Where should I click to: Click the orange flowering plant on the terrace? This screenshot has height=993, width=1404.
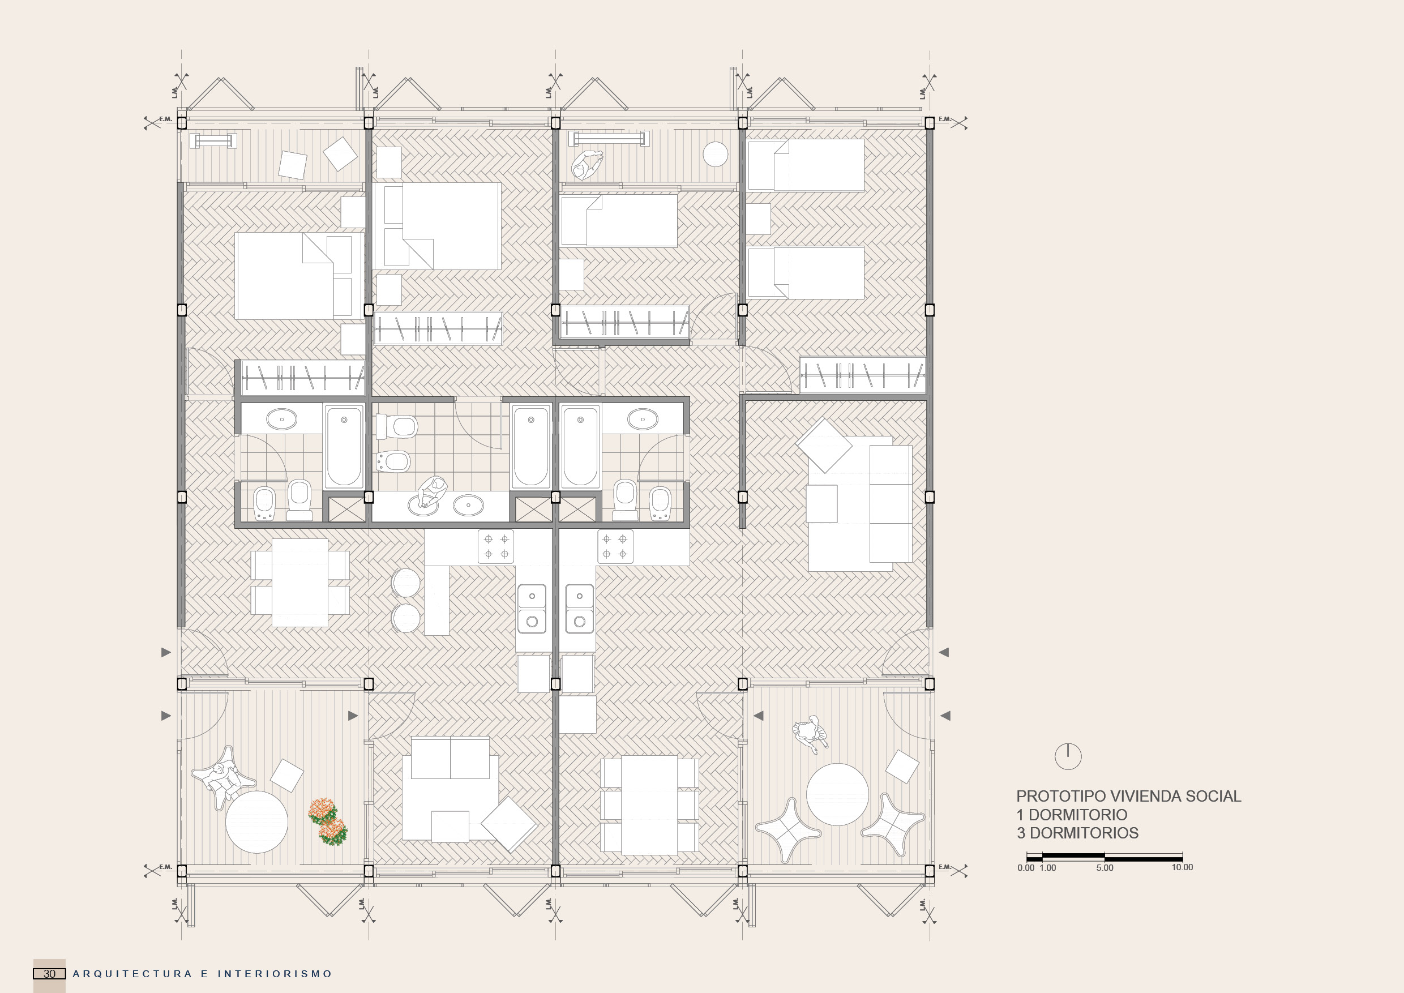pos(328,821)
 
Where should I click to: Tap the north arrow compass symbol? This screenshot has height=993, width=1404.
pos(1068,756)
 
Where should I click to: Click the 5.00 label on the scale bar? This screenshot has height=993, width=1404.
pos(1105,868)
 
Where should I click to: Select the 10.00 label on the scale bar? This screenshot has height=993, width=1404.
pos(1182,867)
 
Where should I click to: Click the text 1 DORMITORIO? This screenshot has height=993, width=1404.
pos(1071,815)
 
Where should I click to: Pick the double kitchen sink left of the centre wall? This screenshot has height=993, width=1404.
pos(532,609)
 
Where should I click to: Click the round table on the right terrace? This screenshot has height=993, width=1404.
pos(837,794)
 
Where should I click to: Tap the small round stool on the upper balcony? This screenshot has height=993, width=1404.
pos(715,154)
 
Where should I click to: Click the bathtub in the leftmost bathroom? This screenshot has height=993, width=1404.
pos(344,446)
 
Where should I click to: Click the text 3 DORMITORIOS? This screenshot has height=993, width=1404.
pos(1077,833)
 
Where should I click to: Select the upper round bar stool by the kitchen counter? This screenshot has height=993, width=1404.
pos(405,582)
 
